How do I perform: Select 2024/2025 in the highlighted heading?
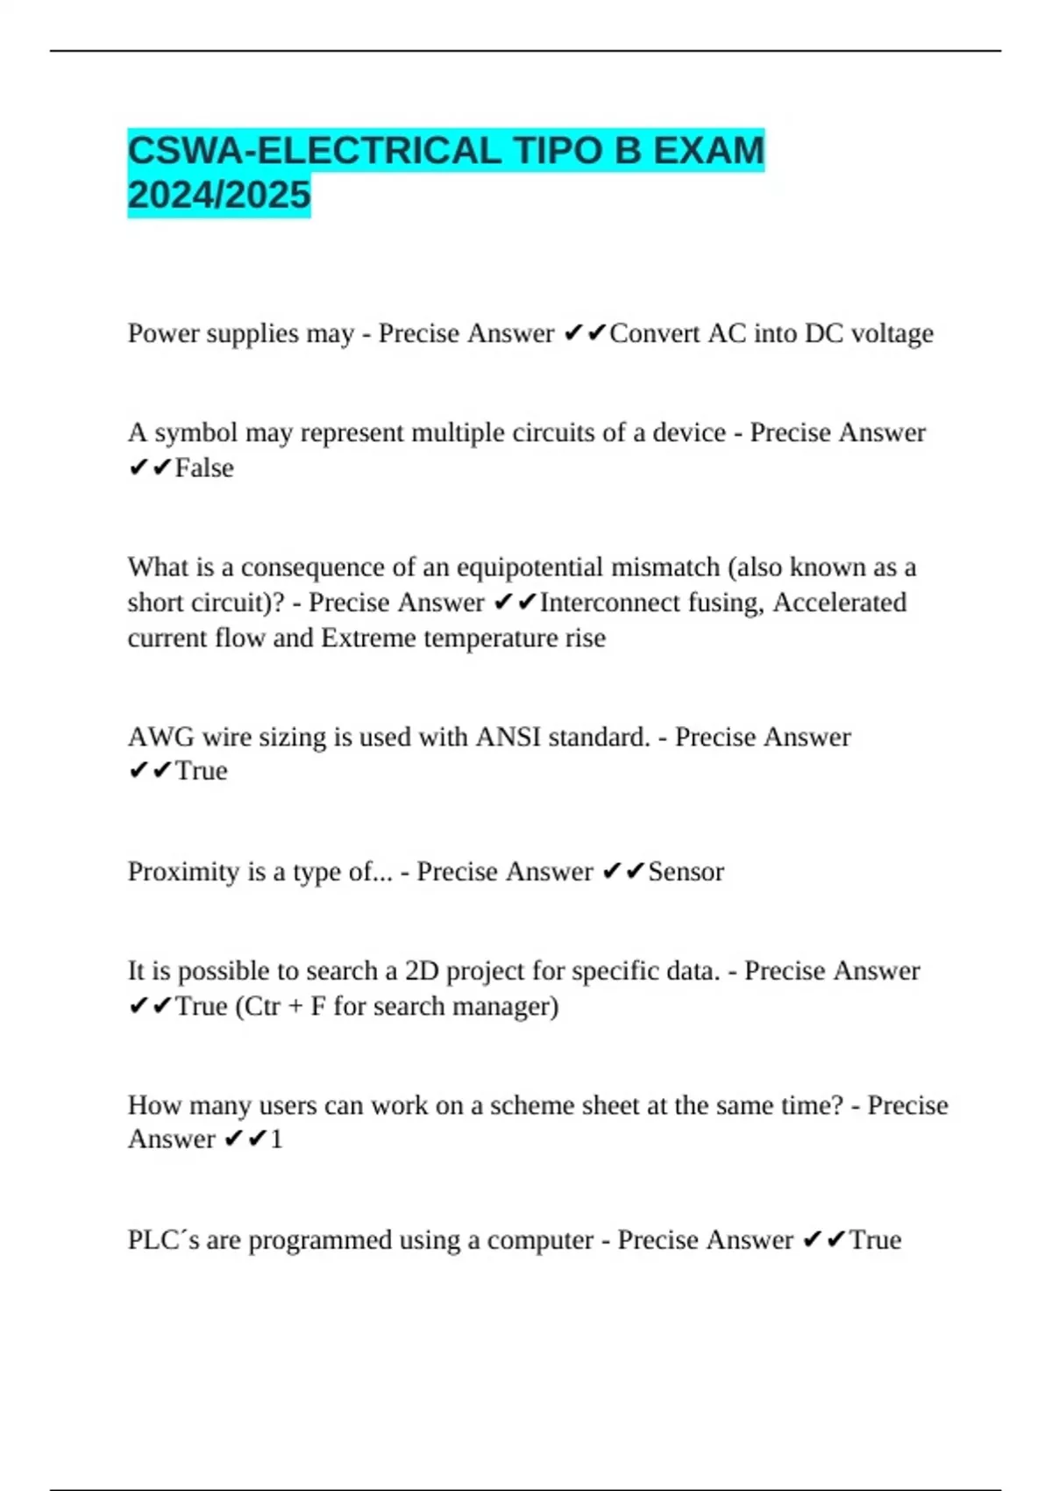tap(219, 195)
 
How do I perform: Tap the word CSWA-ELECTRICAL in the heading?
tap(314, 151)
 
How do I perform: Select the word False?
tap(204, 467)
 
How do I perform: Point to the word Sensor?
tap(686, 872)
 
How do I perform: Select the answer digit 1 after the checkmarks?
tap(276, 1139)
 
